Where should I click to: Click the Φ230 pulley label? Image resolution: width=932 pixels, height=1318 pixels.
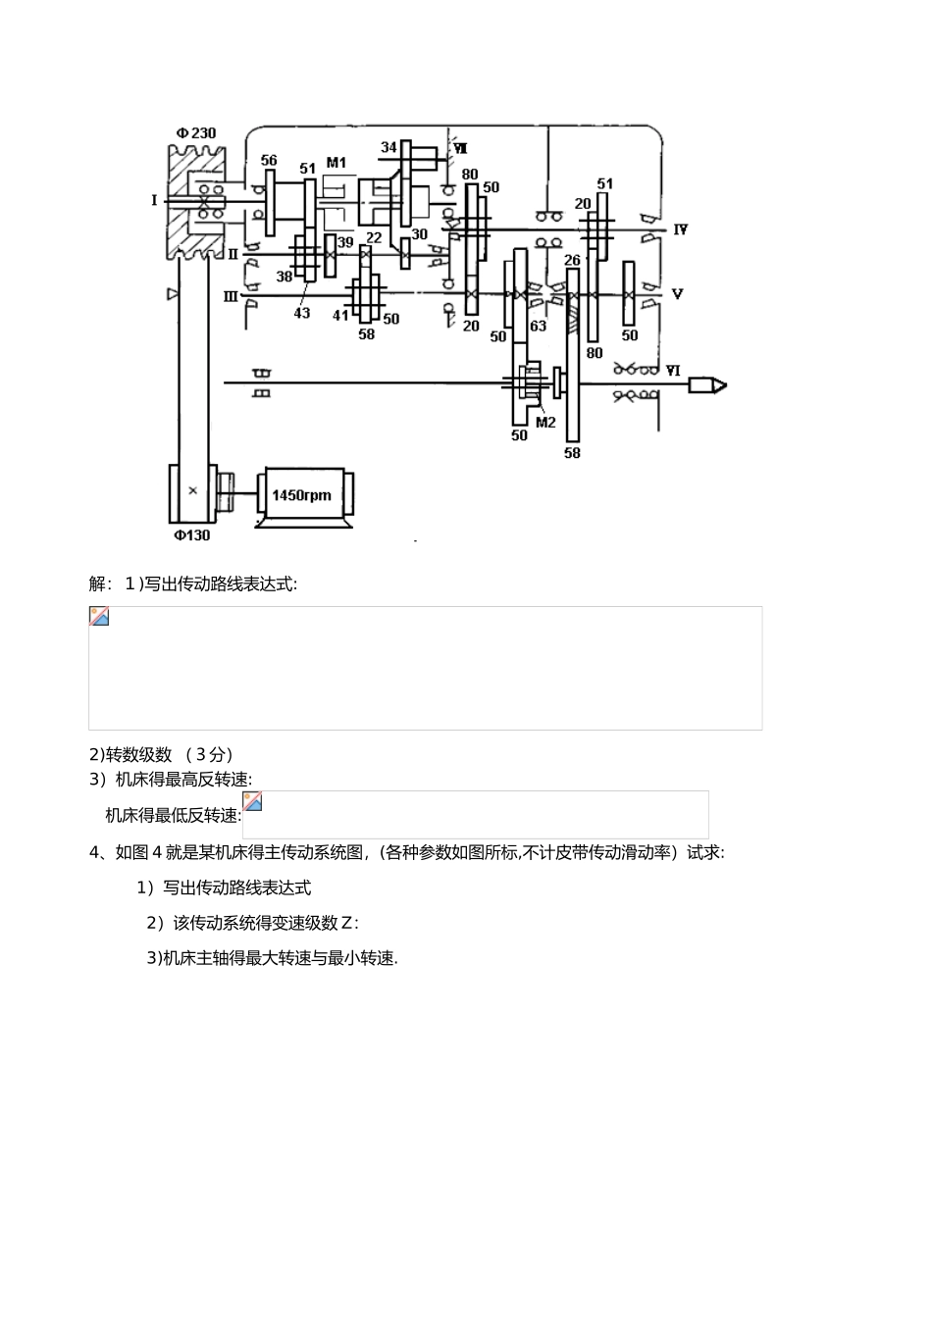pyautogui.click(x=196, y=133)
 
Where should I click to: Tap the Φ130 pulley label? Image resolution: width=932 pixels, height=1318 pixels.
pyautogui.click(x=192, y=535)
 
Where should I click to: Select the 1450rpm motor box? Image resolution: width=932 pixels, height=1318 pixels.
pyautogui.click(x=301, y=495)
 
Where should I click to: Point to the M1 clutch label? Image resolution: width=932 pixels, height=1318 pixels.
pyautogui.click(x=337, y=162)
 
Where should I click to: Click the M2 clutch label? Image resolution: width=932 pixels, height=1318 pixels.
pyautogui.click(x=545, y=423)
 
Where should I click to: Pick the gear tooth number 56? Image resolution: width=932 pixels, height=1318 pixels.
pyautogui.click(x=269, y=161)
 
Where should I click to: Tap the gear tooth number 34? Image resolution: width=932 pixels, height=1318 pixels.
pyautogui.click(x=389, y=148)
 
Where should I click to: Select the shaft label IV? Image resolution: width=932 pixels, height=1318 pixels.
pyautogui.click(x=679, y=229)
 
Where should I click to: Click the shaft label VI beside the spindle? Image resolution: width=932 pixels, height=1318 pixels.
pyautogui.click(x=673, y=371)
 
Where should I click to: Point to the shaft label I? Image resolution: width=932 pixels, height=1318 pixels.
pyautogui.click(x=154, y=200)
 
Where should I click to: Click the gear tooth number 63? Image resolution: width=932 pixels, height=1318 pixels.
pyautogui.click(x=538, y=327)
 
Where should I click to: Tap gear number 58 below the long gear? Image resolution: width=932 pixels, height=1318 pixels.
pyautogui.click(x=572, y=453)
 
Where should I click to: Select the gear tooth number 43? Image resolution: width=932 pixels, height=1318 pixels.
pyautogui.click(x=302, y=313)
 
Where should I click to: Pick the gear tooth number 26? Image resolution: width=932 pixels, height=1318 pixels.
pyautogui.click(x=572, y=260)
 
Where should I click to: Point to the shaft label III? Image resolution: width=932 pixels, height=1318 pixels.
pyautogui.click(x=232, y=295)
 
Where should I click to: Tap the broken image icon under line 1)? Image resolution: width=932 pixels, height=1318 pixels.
pyautogui.click(x=99, y=617)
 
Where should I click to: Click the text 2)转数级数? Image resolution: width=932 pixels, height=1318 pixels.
pyautogui.click(x=131, y=754)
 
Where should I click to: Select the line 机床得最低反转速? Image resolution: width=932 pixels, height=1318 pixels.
pyautogui.click(x=174, y=815)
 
